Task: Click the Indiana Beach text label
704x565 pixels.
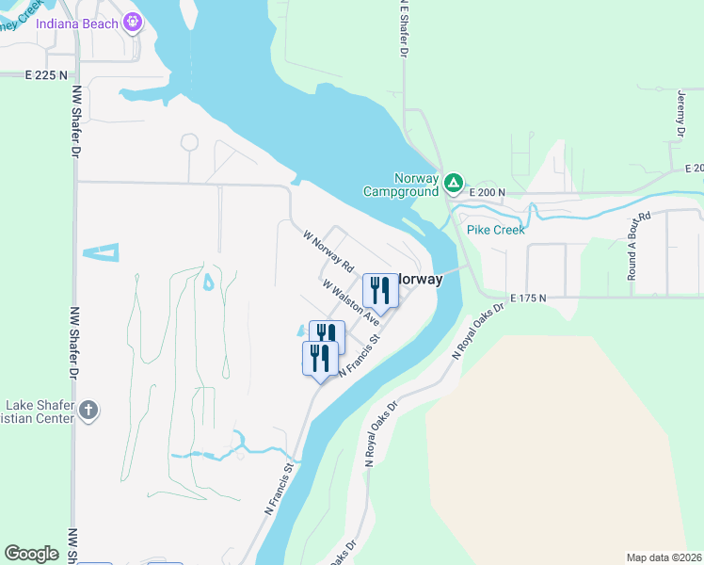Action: point(77,23)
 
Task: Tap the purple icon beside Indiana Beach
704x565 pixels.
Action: point(133,21)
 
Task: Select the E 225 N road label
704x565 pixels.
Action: point(47,74)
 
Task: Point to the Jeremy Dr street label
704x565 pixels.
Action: point(680,112)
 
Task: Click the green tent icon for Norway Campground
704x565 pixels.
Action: point(454,182)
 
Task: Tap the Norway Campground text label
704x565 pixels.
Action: point(402,185)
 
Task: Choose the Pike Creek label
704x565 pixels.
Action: point(494,229)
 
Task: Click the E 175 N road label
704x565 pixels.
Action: point(529,299)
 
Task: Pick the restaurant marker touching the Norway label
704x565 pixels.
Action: point(380,289)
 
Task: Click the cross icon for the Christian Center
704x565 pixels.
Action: point(88,411)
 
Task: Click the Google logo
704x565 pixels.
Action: point(32,553)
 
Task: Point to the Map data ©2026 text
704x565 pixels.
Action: point(664,557)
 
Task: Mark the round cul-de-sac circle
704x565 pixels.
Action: point(189,142)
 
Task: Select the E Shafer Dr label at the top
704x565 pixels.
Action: point(403,28)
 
